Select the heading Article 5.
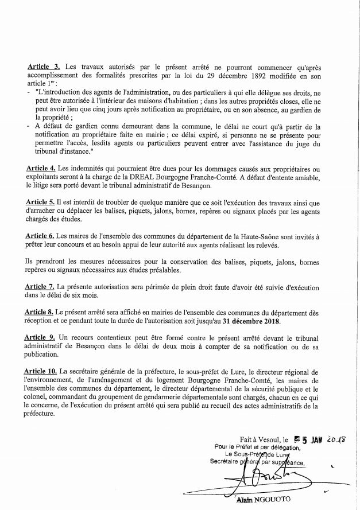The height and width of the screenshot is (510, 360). tap(41, 202)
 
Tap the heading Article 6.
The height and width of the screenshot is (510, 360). tap(41, 236)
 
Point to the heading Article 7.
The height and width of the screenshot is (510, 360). tap(42, 286)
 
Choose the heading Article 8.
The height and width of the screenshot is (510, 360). tap(41, 312)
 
